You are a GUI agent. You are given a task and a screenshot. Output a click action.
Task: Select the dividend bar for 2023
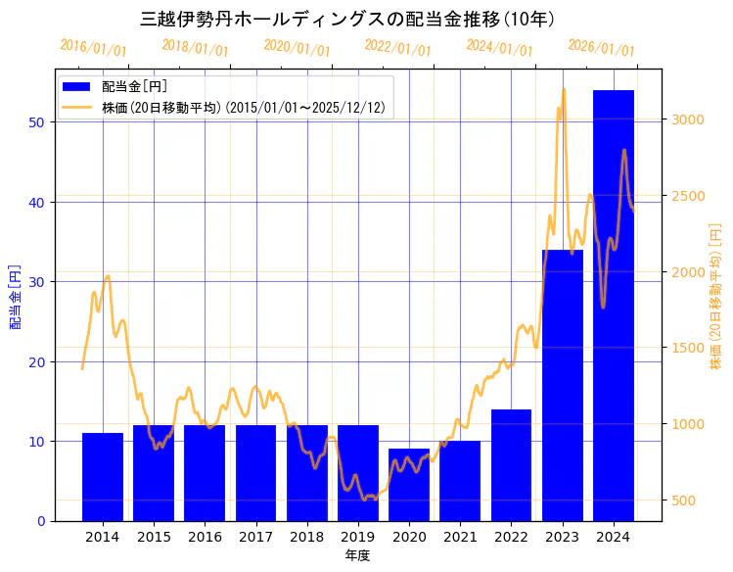(562, 385)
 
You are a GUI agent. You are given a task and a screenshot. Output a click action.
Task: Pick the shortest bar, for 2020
(409, 485)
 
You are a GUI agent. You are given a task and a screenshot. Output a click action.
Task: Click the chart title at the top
(347, 19)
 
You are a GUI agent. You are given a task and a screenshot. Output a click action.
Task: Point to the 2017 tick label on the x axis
(255, 537)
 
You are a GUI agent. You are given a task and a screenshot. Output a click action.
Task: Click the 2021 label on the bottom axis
(460, 537)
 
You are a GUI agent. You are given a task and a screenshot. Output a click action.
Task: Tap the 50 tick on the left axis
(35, 122)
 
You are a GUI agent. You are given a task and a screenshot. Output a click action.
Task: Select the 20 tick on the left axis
(35, 361)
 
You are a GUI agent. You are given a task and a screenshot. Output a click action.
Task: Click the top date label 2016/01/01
(93, 48)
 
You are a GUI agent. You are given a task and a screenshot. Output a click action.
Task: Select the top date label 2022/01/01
(397, 48)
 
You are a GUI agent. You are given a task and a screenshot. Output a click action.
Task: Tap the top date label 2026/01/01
(601, 48)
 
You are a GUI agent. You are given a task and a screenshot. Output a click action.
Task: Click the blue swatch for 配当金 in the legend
(77, 87)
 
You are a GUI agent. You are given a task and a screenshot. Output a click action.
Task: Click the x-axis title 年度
(357, 555)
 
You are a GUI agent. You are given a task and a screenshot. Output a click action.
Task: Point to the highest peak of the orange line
(564, 89)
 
